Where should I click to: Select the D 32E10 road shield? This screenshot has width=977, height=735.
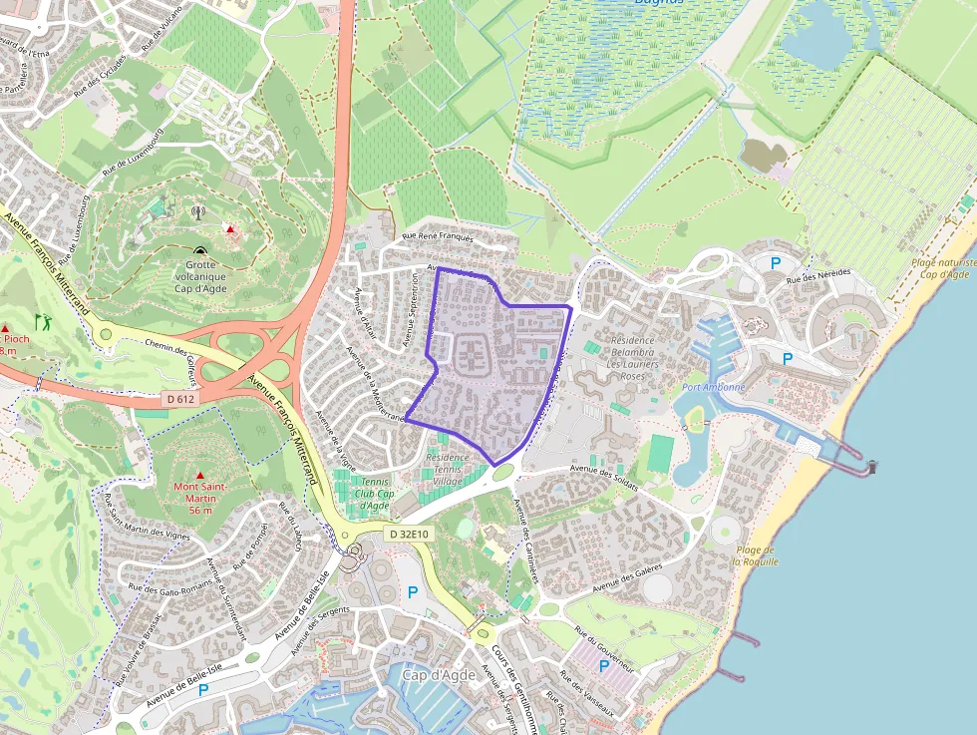pyautogui.click(x=408, y=535)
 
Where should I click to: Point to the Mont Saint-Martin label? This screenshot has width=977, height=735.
pyautogui.click(x=200, y=498)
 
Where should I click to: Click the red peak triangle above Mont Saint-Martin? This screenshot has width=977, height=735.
pyautogui.click(x=200, y=475)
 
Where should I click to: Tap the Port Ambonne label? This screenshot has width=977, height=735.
pyautogui.click(x=714, y=387)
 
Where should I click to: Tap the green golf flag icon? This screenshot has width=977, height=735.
pyautogui.click(x=43, y=321)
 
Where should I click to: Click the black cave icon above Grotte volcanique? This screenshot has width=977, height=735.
pyautogui.click(x=200, y=252)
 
